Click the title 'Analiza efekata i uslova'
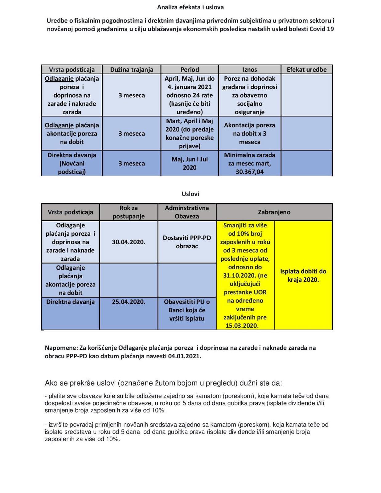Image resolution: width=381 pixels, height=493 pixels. coord(190,7)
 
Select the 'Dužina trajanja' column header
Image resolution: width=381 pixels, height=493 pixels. coord(132,70)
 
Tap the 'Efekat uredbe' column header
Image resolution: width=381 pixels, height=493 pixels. coord(306,70)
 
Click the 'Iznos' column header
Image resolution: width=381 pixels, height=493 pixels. coord(249,70)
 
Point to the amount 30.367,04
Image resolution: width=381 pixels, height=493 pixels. coord(250,172)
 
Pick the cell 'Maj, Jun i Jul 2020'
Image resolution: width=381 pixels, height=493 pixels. coord(190,163)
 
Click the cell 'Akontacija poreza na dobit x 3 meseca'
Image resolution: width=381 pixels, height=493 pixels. coord(250,133)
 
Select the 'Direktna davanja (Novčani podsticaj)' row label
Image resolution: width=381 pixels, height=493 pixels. coord(72,163)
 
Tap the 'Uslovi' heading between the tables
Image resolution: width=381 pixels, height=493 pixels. coord(190,194)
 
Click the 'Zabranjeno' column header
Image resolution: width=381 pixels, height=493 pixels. coord(274,212)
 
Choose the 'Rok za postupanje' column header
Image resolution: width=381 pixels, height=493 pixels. coord(129,212)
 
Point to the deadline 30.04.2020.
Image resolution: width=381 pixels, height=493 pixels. coord(129,242)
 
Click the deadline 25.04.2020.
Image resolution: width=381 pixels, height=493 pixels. coord(129,302)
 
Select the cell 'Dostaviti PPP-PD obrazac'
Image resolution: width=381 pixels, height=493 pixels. coord(187,242)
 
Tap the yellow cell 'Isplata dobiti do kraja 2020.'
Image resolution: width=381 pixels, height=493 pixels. coord(303,275)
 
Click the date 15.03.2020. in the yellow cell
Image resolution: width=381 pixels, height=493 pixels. coord(242,326)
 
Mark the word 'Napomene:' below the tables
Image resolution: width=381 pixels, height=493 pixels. coord(61,348)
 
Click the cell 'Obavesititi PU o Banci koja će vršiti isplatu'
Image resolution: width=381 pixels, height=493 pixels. coord(187,310)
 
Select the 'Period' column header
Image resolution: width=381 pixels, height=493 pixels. coord(190,70)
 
